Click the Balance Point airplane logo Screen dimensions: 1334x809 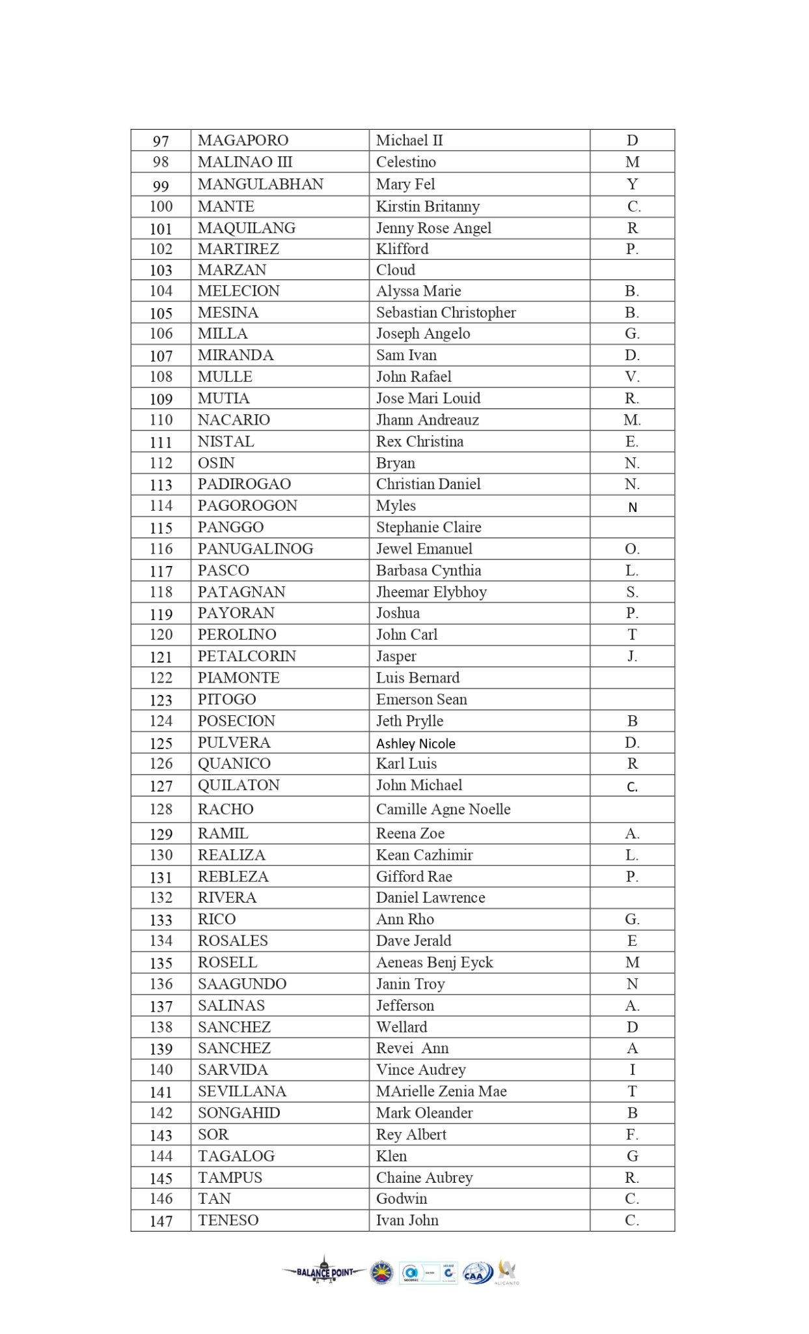(x=324, y=1271)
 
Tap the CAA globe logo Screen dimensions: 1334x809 (x=477, y=1273)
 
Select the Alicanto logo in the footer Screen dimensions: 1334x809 (x=507, y=1271)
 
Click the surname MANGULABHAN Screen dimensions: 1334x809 (x=260, y=184)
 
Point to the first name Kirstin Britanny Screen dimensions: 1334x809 (x=428, y=206)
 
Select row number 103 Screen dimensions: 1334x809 (x=161, y=270)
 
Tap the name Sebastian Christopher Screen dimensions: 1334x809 (x=446, y=313)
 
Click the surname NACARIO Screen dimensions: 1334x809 (x=234, y=420)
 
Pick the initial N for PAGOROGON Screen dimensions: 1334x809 (x=632, y=507)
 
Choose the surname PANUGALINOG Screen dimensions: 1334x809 (x=255, y=549)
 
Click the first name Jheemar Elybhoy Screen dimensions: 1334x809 (x=431, y=592)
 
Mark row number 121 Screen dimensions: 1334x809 (x=161, y=657)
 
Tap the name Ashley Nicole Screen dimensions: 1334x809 (x=415, y=744)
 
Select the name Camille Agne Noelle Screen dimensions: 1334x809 (x=443, y=810)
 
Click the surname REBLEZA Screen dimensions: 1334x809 (x=233, y=877)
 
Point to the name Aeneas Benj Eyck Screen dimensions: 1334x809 (x=434, y=963)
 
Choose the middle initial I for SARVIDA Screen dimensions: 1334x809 (x=632, y=1070)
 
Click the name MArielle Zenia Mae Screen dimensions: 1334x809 (x=441, y=1091)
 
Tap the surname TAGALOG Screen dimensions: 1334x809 (x=236, y=1156)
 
